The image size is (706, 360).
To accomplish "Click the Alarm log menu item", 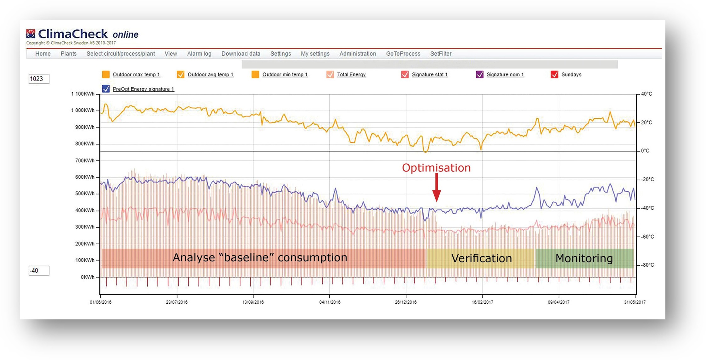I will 199,54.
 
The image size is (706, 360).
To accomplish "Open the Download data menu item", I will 241,54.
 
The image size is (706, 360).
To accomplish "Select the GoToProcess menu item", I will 403,54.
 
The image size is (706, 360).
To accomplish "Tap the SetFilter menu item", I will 441,54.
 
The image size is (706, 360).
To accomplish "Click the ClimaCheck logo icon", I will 31,34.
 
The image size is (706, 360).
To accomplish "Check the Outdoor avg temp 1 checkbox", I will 180,75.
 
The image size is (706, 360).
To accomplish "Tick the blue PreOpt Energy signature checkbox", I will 106,89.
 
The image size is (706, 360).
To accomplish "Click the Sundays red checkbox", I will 554,75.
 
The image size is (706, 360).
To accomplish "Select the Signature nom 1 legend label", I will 505,75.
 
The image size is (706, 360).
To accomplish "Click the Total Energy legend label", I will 351,75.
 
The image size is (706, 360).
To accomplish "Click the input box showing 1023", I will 39,79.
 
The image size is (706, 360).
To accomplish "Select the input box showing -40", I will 39,271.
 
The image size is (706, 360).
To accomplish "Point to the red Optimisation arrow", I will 437,188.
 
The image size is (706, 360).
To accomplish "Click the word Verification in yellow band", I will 481,258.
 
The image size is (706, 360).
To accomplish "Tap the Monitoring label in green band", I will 584,258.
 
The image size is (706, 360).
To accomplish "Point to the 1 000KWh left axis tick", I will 83,110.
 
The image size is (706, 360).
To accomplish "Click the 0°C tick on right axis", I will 645,151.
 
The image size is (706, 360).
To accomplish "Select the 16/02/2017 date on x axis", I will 482,302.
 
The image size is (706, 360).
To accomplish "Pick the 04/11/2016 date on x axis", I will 330,302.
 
